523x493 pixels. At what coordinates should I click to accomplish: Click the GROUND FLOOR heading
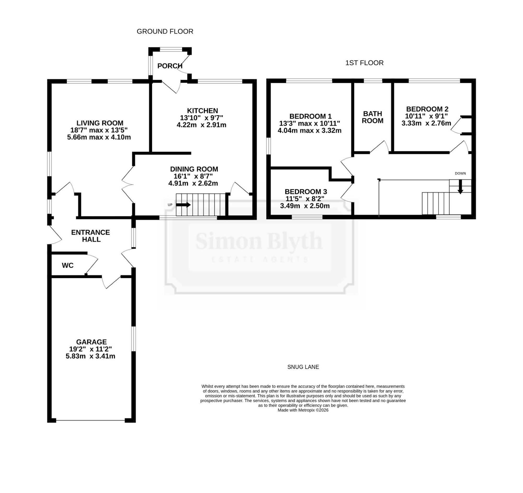(165, 32)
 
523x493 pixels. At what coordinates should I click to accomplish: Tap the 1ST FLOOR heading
(364, 63)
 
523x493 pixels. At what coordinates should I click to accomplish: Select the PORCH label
(170, 66)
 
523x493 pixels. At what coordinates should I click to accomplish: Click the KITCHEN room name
(203, 110)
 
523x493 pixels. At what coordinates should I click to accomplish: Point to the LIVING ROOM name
(100, 123)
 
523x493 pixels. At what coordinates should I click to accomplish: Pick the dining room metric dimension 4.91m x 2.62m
(193, 183)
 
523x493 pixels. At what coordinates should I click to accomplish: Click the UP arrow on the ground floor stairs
(183, 205)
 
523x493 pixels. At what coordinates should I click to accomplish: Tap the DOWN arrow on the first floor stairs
(461, 187)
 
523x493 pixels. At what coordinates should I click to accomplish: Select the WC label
(68, 265)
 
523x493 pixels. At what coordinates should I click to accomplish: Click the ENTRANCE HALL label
(91, 236)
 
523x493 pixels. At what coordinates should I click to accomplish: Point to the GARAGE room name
(92, 342)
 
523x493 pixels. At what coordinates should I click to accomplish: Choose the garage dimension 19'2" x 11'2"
(90, 349)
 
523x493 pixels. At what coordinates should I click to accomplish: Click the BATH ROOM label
(373, 117)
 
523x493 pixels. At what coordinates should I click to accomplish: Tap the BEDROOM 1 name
(310, 117)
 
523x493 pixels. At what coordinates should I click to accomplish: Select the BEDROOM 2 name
(427, 109)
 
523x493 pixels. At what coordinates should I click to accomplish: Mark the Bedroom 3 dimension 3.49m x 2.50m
(305, 206)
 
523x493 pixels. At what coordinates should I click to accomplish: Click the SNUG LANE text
(303, 367)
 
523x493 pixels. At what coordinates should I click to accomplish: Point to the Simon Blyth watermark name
(259, 241)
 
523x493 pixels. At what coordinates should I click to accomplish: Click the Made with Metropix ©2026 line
(303, 410)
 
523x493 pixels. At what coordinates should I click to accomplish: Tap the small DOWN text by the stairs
(461, 174)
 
